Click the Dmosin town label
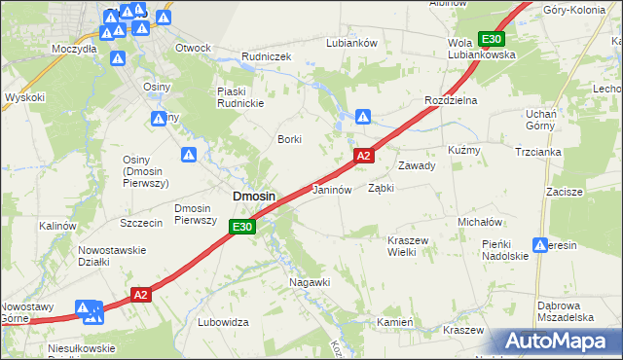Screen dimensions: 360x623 coord(253,197)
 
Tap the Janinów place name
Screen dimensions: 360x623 coord(331,190)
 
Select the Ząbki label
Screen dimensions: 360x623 coord(381,189)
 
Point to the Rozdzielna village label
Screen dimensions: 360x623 coord(449,101)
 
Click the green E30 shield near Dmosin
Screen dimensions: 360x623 coord(243,228)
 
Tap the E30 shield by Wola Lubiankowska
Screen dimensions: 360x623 coord(491,39)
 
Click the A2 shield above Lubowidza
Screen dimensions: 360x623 coord(141,295)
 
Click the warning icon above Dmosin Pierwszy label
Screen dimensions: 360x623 coord(189,155)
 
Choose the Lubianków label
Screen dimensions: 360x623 coord(352,43)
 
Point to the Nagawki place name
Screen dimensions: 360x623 coord(311,282)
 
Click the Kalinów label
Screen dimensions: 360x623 coord(57,226)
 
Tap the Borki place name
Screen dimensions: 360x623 coord(290,139)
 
